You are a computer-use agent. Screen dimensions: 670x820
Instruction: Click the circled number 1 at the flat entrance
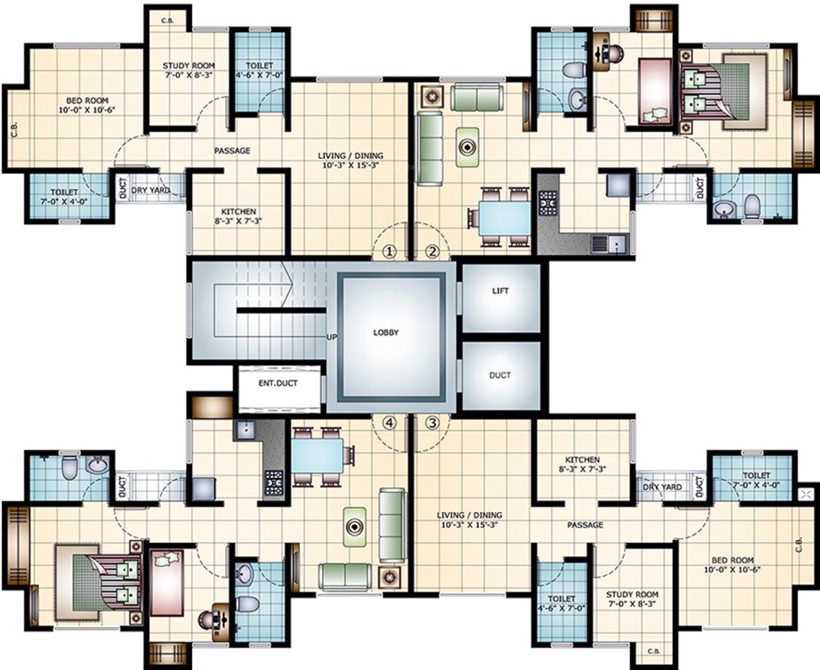(390, 251)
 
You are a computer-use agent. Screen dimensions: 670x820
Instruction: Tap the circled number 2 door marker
(432, 251)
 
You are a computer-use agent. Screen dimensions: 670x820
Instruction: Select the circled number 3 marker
(432, 423)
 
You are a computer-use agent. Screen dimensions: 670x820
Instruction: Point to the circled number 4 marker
(390, 423)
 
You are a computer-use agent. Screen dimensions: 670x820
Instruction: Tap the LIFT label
(500, 291)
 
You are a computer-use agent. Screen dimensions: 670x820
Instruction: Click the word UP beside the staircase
(331, 336)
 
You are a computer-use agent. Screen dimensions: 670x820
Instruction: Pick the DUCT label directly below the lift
(500, 375)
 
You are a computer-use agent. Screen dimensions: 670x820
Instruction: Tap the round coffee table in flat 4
(354, 526)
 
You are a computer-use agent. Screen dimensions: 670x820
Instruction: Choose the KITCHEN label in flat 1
(238, 215)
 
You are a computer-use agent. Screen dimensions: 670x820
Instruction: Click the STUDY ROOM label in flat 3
(630, 599)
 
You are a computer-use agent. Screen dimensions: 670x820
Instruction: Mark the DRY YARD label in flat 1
(150, 190)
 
